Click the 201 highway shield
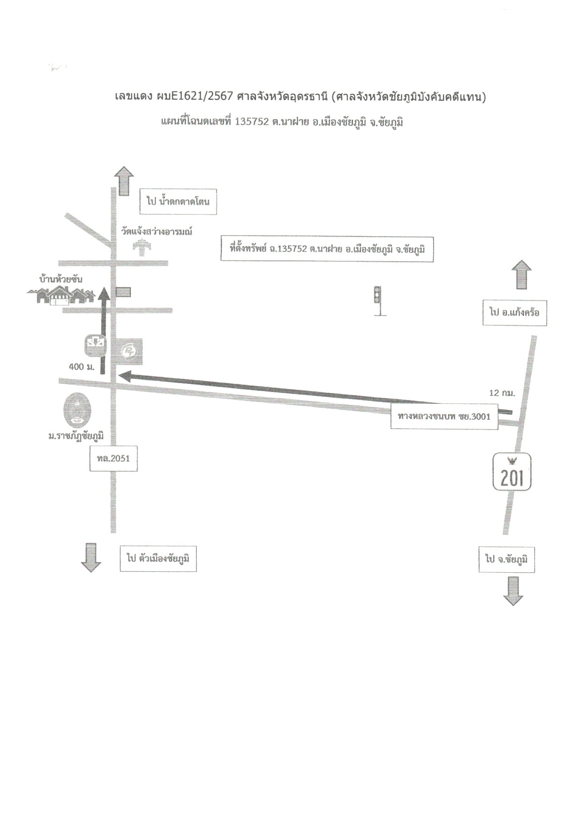(x=512, y=473)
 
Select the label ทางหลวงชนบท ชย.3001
(x=444, y=416)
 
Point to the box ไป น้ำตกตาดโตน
(x=178, y=202)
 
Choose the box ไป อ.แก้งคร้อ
(x=514, y=312)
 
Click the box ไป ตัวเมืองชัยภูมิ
(x=158, y=558)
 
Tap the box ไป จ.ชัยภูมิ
(x=506, y=559)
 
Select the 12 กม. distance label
(x=502, y=393)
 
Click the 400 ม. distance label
(x=82, y=367)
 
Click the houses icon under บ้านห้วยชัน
(x=61, y=296)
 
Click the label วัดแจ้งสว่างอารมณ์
(x=157, y=231)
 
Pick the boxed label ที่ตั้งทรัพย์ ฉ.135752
(x=327, y=249)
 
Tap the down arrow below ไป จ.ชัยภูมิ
(x=513, y=591)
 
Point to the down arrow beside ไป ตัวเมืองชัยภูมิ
(x=91, y=558)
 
